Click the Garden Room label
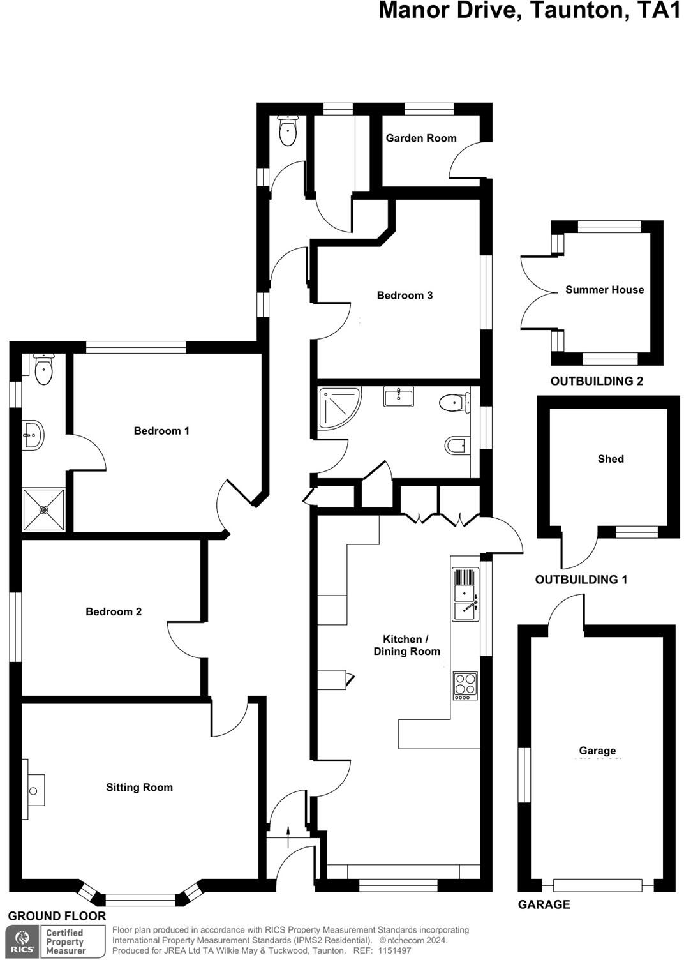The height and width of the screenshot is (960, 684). pyautogui.click(x=421, y=138)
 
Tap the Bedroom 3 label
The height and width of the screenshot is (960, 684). pyautogui.click(x=405, y=295)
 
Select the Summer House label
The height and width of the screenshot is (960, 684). pyautogui.click(x=604, y=290)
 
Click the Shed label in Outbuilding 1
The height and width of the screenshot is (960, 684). pyautogui.click(x=611, y=459)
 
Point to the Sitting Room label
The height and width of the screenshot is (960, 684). pyautogui.click(x=139, y=787)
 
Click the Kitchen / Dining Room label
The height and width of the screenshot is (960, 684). pyautogui.click(x=406, y=645)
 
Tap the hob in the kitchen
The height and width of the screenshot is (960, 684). pyautogui.click(x=465, y=686)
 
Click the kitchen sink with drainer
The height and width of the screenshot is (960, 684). pyautogui.click(x=465, y=594)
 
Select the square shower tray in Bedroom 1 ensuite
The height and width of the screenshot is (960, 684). pyautogui.click(x=43, y=509)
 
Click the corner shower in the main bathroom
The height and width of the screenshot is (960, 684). pyautogui.click(x=338, y=406)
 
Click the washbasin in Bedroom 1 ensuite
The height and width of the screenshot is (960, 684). pyautogui.click(x=33, y=436)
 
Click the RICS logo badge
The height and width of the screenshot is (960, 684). pyautogui.click(x=22, y=942)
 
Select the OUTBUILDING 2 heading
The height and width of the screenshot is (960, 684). pyautogui.click(x=597, y=381)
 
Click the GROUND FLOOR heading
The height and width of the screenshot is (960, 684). pyautogui.click(x=57, y=916)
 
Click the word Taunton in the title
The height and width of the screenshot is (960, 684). pyautogui.click(x=579, y=11)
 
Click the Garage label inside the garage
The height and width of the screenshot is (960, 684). pyautogui.click(x=597, y=751)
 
